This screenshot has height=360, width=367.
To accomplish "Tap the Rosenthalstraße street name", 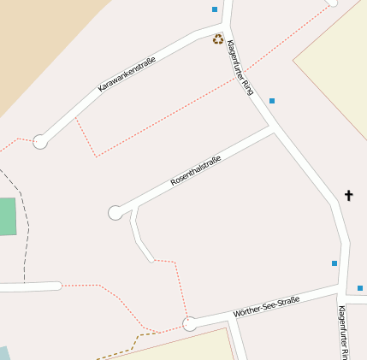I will (x=196, y=170).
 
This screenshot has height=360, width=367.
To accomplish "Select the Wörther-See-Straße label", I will (x=266, y=307).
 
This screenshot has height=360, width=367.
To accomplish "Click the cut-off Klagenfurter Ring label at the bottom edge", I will (x=343, y=333).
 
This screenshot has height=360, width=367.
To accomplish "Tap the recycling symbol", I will (x=218, y=38).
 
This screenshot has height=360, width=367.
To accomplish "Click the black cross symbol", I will (x=348, y=196).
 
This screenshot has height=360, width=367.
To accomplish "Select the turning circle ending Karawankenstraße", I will (x=40, y=142).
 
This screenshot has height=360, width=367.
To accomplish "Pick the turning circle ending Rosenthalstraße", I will (x=115, y=213).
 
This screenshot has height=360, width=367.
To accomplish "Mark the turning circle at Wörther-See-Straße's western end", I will (x=190, y=324).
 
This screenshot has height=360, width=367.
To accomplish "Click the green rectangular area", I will (x=7, y=216).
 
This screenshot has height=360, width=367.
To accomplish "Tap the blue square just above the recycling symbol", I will (x=214, y=9).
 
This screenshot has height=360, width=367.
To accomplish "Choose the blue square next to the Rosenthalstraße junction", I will (x=272, y=101).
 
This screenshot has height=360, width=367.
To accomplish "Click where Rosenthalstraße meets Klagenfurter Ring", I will (x=273, y=130).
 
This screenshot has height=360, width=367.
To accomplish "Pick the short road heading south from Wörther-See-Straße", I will (x=239, y=342).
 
